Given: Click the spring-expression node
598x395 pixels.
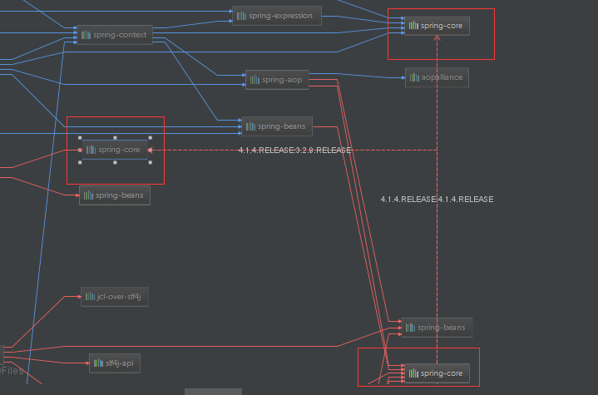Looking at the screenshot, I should click(x=276, y=16).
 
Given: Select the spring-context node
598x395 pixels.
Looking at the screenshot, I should click(x=114, y=35).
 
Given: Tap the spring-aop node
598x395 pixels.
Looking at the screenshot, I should click(x=278, y=80).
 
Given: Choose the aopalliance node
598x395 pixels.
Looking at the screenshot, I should click(x=437, y=77).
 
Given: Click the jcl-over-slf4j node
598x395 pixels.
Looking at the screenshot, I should click(x=115, y=296).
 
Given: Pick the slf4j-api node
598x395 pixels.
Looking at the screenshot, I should click(x=114, y=363).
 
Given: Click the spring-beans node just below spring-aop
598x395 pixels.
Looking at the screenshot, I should click(x=277, y=126).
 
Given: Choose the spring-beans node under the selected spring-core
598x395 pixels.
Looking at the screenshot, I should click(x=115, y=195).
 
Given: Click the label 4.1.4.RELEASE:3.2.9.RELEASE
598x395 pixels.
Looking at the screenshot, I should click(x=294, y=151).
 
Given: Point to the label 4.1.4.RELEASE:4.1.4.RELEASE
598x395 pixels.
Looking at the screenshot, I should click(x=437, y=200).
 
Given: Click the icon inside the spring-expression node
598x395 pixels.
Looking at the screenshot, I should click(x=241, y=16).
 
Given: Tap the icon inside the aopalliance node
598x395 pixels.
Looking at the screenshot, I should click(x=414, y=77).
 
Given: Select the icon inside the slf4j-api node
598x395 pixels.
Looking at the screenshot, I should click(x=98, y=363).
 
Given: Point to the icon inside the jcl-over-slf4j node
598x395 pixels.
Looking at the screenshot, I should click(x=90, y=296).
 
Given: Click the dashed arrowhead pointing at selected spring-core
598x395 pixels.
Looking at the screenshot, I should click(x=153, y=150).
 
